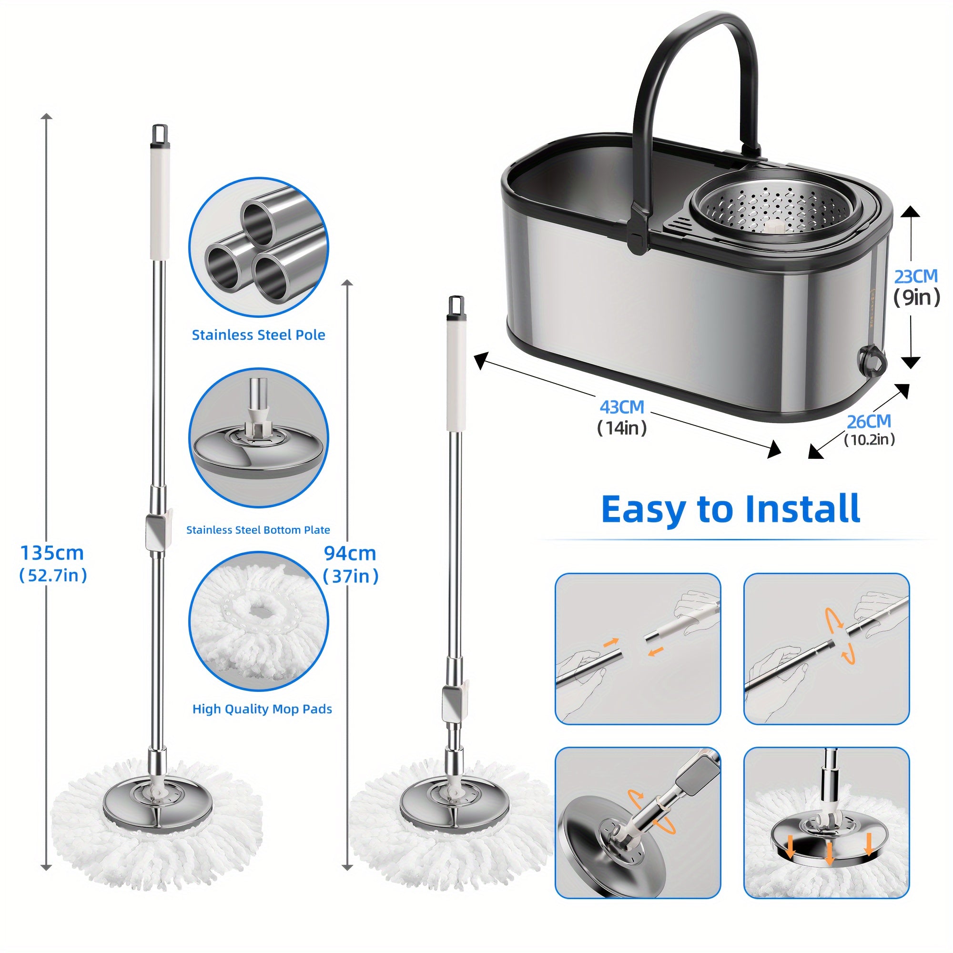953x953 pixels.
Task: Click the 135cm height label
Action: coord(52,553)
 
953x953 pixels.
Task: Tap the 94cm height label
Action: coord(350,553)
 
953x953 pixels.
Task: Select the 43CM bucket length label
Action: coord(621,407)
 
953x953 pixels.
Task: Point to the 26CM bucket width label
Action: coord(869,422)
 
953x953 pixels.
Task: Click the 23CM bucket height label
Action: coord(915,277)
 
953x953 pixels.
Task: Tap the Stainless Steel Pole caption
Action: coord(258,335)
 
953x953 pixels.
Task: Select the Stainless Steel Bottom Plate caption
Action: coord(258,530)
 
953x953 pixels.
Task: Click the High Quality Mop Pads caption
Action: coord(262,709)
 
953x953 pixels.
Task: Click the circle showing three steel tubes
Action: coord(258,248)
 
